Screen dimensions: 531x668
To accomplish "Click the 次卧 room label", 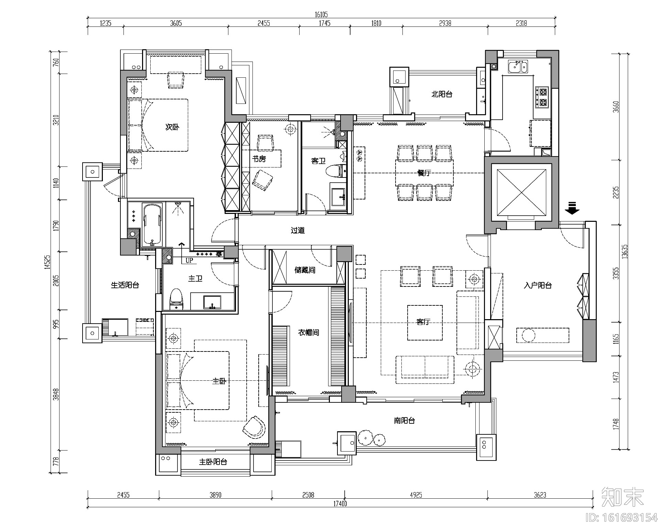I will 172,127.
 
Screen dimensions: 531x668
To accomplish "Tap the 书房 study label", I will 259,159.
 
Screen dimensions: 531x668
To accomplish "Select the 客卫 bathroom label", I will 318,161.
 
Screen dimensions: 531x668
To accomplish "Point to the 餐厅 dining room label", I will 424,173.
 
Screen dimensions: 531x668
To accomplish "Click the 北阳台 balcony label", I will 442,94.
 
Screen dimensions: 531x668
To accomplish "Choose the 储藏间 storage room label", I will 305,270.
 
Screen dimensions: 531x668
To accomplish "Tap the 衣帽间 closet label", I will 308,333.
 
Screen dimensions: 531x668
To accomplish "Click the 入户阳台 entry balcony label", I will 538,285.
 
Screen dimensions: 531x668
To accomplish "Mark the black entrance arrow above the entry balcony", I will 572,208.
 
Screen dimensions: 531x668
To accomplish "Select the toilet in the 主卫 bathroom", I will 176,299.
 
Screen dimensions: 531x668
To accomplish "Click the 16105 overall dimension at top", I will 321,14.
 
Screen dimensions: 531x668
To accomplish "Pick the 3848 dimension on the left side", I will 56,394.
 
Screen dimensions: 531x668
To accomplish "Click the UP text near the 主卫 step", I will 190,261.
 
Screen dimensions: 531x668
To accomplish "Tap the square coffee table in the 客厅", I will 424,323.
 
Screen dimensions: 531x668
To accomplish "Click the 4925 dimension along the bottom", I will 416,495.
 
